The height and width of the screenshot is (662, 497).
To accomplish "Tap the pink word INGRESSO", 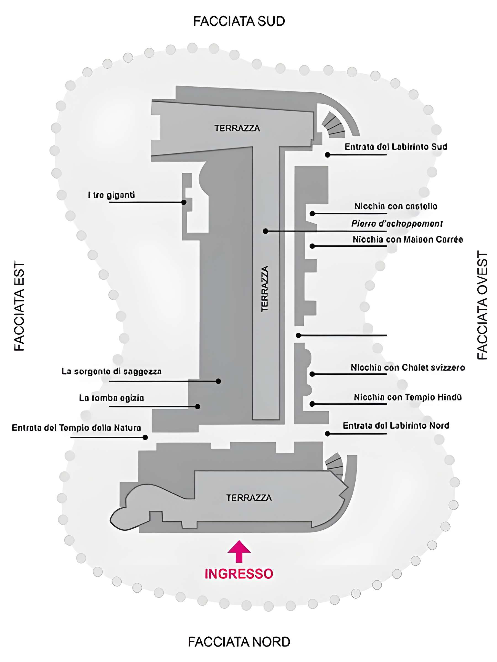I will point(239,573).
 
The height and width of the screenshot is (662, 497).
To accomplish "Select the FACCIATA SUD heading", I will point(239,21).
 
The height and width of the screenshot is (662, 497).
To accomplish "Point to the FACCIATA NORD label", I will point(239,642).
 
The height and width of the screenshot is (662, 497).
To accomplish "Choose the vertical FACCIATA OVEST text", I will point(482,305).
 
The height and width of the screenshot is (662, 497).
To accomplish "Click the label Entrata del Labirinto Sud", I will point(395,147).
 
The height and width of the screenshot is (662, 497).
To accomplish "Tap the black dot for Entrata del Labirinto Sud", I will point(327,155).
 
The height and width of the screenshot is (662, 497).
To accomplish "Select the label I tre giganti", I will point(111,195).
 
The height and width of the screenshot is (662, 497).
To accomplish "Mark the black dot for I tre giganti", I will point(184,202).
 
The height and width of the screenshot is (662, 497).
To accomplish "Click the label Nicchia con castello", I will point(395,206).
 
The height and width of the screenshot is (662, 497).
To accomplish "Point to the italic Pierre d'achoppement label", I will point(397,223).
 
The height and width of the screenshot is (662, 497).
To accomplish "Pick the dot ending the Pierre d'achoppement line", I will point(265,231).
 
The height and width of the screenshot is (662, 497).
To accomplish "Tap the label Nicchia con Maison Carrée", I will point(408,239).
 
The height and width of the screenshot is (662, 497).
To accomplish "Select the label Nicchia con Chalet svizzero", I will point(408,367).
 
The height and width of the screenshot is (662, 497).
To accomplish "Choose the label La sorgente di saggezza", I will point(112,371).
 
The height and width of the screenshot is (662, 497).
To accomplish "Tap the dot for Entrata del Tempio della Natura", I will point(145,437).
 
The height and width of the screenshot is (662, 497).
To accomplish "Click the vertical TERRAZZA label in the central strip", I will point(265,289).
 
